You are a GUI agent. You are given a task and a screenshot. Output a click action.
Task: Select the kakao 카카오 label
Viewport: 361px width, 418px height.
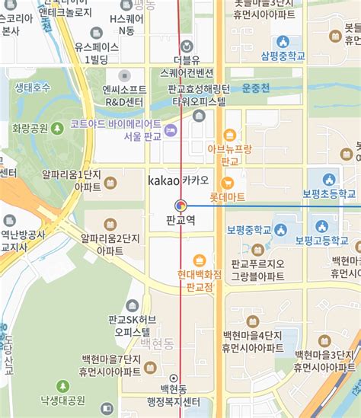click(179, 180)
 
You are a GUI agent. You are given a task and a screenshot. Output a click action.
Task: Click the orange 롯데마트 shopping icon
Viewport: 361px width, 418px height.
click(227, 183)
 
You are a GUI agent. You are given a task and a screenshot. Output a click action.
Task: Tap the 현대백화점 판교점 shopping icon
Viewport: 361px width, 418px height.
click(200, 261)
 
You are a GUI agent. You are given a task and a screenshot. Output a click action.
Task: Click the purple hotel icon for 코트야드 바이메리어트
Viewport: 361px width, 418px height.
click(171, 129)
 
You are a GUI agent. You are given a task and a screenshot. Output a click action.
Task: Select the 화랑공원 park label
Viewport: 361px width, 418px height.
click(30, 128)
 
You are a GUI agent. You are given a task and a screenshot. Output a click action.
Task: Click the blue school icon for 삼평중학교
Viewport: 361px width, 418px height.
click(283, 41)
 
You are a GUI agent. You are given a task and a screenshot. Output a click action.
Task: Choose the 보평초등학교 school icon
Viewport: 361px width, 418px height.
click(329, 180)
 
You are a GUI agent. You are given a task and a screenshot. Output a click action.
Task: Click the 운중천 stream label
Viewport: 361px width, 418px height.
click(256, 88)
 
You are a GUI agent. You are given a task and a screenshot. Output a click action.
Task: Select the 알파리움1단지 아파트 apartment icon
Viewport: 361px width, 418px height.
click(110, 183)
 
